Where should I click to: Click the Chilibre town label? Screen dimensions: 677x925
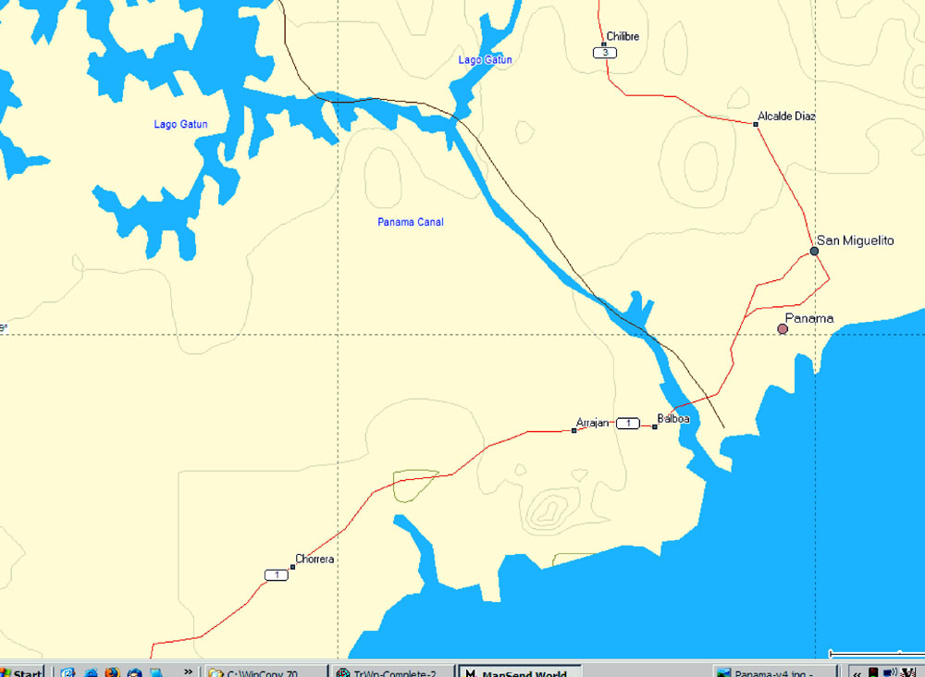click(x=623, y=37)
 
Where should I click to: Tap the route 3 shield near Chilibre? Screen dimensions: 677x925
click(x=605, y=53)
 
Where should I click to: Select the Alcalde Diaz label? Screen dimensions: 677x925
click(x=786, y=117)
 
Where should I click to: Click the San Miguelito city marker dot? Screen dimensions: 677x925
click(x=814, y=251)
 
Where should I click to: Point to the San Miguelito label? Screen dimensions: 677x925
click(x=856, y=240)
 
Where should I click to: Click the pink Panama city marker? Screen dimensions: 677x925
click(x=783, y=328)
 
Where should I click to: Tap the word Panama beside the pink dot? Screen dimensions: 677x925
click(x=809, y=318)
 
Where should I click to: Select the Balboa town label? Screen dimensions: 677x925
click(x=673, y=419)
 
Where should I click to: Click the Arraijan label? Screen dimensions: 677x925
click(x=593, y=423)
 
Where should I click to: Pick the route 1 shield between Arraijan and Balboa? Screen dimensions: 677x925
click(x=627, y=424)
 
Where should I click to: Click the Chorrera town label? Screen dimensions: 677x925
click(x=314, y=560)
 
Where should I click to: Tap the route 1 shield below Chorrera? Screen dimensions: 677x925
click(x=276, y=575)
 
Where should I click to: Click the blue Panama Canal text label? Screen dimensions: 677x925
click(x=411, y=222)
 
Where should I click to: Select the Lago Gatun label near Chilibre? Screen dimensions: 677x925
click(x=485, y=60)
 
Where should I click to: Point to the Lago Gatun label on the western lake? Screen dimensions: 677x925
click(x=180, y=124)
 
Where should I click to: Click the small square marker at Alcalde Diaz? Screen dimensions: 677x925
click(x=756, y=124)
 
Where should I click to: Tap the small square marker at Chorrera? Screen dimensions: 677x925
click(x=292, y=567)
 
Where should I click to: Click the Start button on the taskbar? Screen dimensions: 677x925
click(x=21, y=671)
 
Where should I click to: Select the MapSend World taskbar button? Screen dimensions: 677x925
click(x=519, y=671)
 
